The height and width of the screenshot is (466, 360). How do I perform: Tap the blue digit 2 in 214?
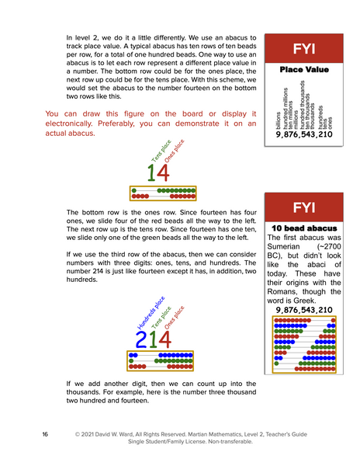click(x=141, y=339)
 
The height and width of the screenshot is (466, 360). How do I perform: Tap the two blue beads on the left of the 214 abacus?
click(x=133, y=354)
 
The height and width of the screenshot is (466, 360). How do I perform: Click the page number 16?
click(x=46, y=433)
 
